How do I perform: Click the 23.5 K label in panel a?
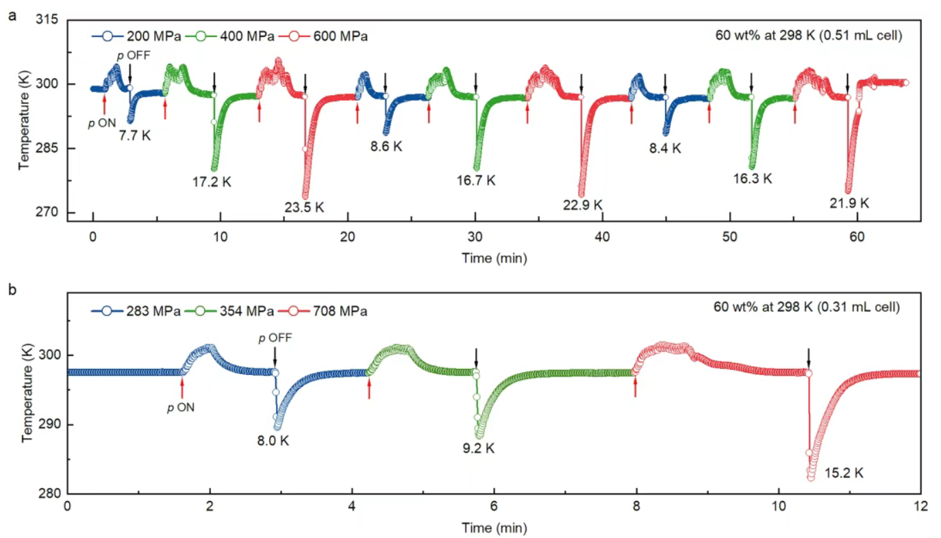(305, 207)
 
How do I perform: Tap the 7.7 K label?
(134, 135)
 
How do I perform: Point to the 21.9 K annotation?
(850, 203)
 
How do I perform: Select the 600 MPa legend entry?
(340, 36)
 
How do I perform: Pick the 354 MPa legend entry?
(250, 311)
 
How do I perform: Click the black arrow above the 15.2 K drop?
(808, 357)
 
